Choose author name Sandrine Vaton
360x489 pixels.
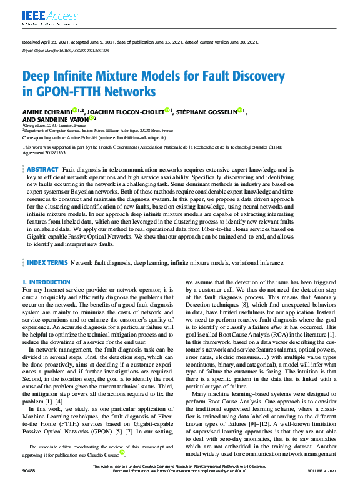click(x=56, y=119)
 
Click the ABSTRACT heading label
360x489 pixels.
click(x=43, y=170)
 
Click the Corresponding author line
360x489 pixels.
click(x=94, y=137)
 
